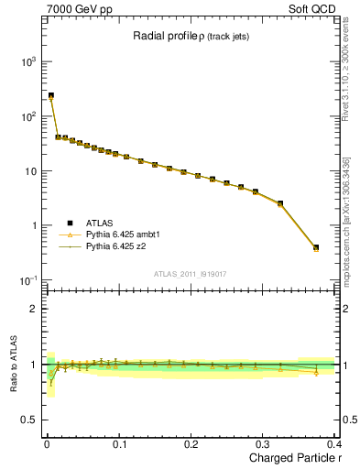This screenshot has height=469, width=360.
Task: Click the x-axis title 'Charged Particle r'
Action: point(290,459)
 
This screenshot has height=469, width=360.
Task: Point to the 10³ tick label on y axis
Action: point(27,61)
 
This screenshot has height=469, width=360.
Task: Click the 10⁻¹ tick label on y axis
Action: point(27,280)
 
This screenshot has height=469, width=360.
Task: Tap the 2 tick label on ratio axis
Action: point(34,309)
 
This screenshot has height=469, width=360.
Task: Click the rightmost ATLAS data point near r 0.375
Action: point(316,247)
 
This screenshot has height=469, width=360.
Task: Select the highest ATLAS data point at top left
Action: point(51,95)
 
